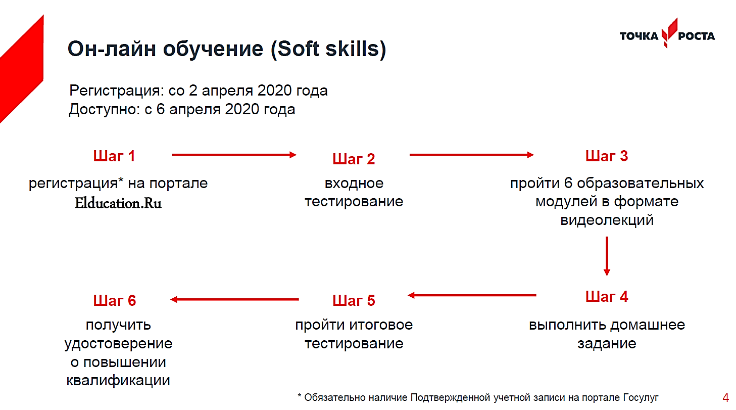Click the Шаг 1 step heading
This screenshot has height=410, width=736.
coord(114,156)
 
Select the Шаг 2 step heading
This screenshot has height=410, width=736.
coord(354,159)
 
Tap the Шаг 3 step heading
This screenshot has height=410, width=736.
coord(607,156)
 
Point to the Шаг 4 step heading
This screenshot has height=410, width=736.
coord(607,297)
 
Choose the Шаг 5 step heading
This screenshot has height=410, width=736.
coord(354,300)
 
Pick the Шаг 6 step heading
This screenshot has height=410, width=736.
coord(114,300)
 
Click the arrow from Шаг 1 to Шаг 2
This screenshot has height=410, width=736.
coord(234,155)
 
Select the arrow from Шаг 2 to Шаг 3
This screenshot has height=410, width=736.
coord(471,155)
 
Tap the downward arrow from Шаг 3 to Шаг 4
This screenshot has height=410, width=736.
coord(607,256)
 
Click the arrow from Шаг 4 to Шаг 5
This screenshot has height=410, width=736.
coord(472,295)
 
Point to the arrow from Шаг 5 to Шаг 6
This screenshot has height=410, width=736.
coord(234,299)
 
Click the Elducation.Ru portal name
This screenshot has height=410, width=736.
coord(118,203)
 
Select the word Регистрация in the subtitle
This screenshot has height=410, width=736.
coord(117,90)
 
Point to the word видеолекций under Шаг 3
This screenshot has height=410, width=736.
coord(607,220)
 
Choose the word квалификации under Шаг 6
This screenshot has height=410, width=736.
coord(118,381)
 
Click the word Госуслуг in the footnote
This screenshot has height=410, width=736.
coord(641,398)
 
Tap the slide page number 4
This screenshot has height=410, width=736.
coord(726,398)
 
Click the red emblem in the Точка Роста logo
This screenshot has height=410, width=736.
coord(669,33)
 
